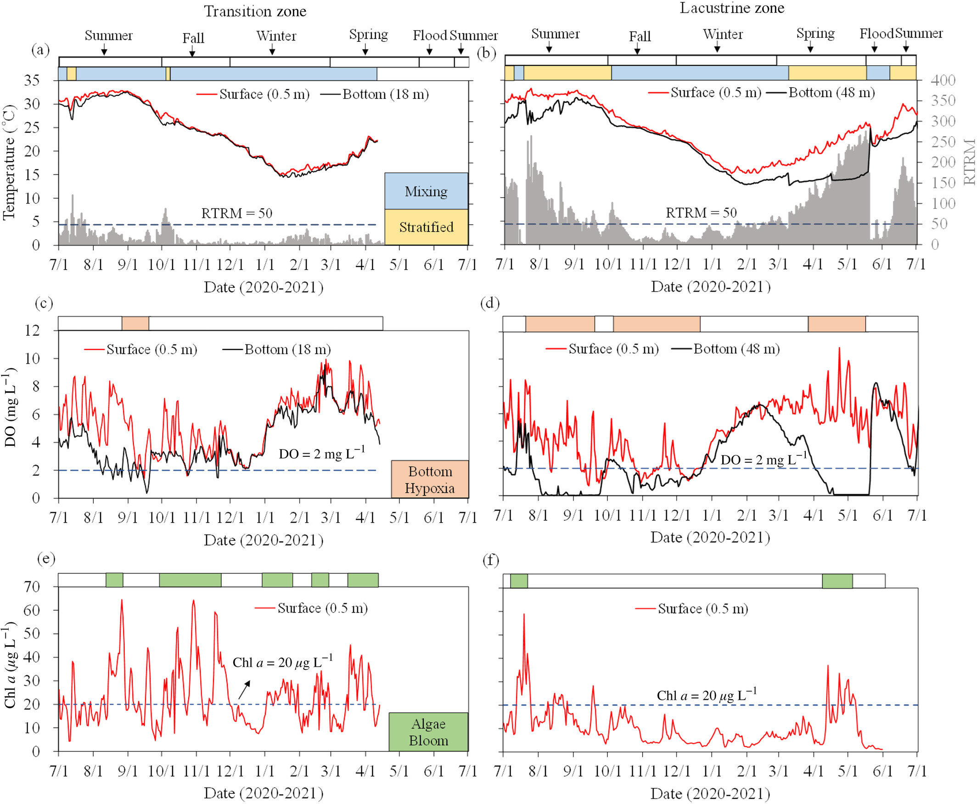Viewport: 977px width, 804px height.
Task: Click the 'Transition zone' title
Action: point(255,11)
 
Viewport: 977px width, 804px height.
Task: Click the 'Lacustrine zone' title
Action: point(731,8)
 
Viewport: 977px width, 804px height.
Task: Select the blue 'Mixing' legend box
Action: point(426,191)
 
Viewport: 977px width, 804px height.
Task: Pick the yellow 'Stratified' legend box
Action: point(426,227)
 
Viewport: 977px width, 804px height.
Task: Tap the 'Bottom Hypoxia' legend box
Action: point(430,479)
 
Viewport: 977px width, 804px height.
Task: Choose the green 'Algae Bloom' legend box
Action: point(428,732)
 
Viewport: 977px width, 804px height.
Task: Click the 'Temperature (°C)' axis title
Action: point(9,162)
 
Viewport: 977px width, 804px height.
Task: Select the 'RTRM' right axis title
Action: point(969,162)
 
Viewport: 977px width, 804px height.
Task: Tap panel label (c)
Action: point(44,304)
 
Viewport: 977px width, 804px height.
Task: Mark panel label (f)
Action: point(491,560)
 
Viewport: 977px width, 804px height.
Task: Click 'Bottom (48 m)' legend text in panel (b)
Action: point(831,93)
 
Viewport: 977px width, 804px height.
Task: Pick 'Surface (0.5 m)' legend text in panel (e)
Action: point(322,608)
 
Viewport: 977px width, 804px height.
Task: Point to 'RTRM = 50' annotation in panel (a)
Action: point(236,213)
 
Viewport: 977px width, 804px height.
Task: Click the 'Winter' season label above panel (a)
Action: point(276,36)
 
